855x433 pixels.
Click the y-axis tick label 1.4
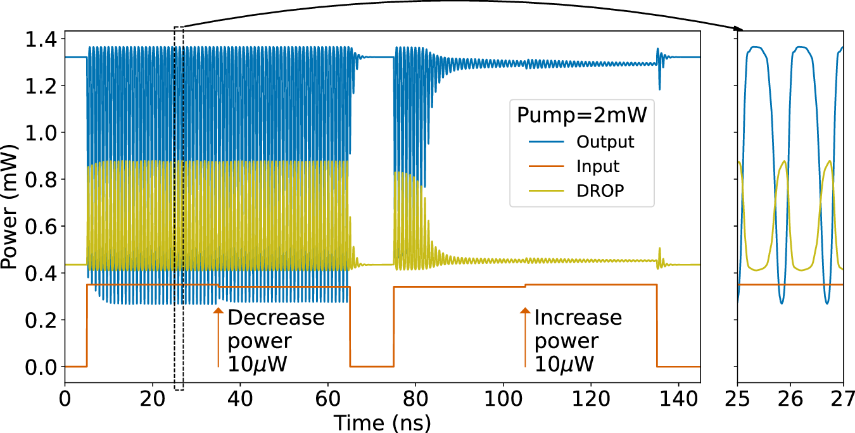[41, 39]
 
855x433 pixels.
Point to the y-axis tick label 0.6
[41, 227]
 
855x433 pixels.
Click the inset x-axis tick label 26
[791, 399]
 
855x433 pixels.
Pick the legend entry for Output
[605, 141]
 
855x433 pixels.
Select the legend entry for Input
[598, 167]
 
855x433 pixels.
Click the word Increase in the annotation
[578, 318]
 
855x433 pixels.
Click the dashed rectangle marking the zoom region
[179, 209]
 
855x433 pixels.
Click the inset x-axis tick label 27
[843, 399]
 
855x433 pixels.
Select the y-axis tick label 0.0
[41, 367]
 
